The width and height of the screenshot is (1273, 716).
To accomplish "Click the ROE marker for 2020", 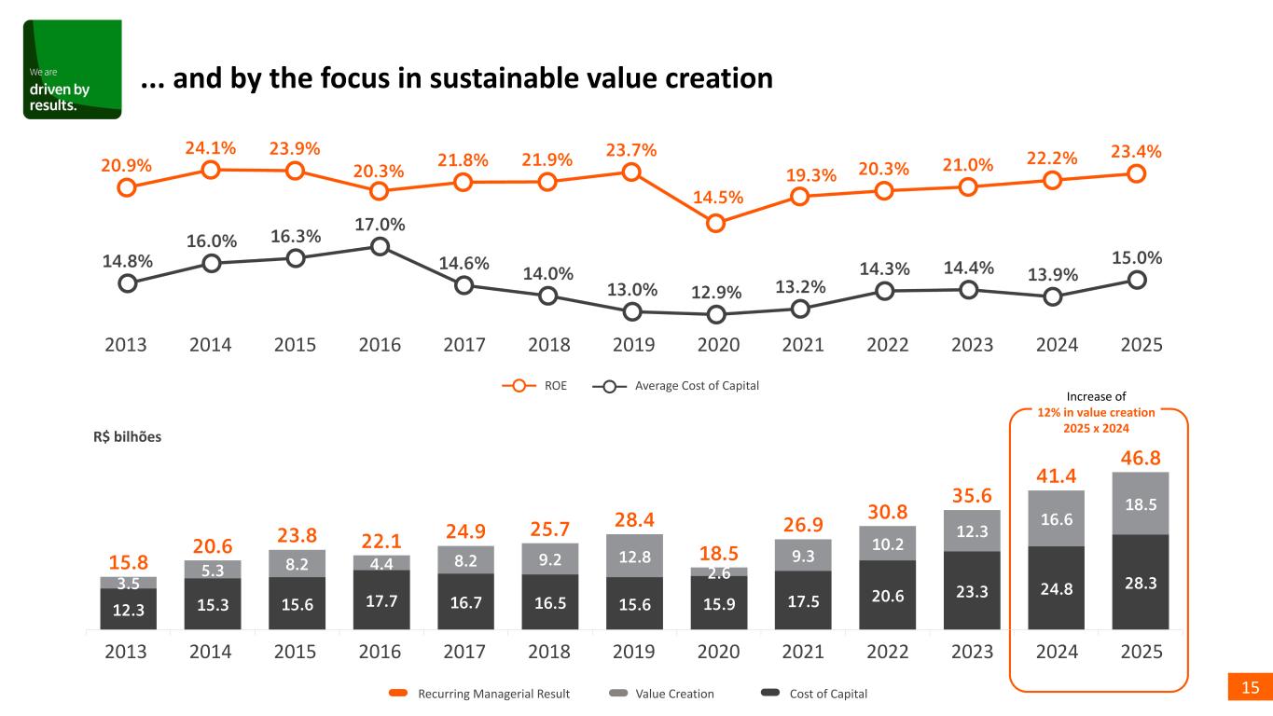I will click(716, 223).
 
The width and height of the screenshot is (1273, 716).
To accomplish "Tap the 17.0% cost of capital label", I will click(380, 225).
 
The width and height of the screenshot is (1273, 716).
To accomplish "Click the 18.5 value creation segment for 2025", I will click(1137, 503).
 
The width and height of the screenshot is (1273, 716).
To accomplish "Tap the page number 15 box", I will click(1250, 688).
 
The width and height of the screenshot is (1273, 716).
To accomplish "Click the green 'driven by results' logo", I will click(72, 70).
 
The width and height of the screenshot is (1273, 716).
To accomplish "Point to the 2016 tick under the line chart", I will click(380, 344).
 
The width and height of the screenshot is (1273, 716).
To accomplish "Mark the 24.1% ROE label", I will click(211, 147).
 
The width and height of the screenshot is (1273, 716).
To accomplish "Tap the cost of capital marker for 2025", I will click(1137, 280).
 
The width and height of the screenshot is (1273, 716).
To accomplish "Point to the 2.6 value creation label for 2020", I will click(716, 572).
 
